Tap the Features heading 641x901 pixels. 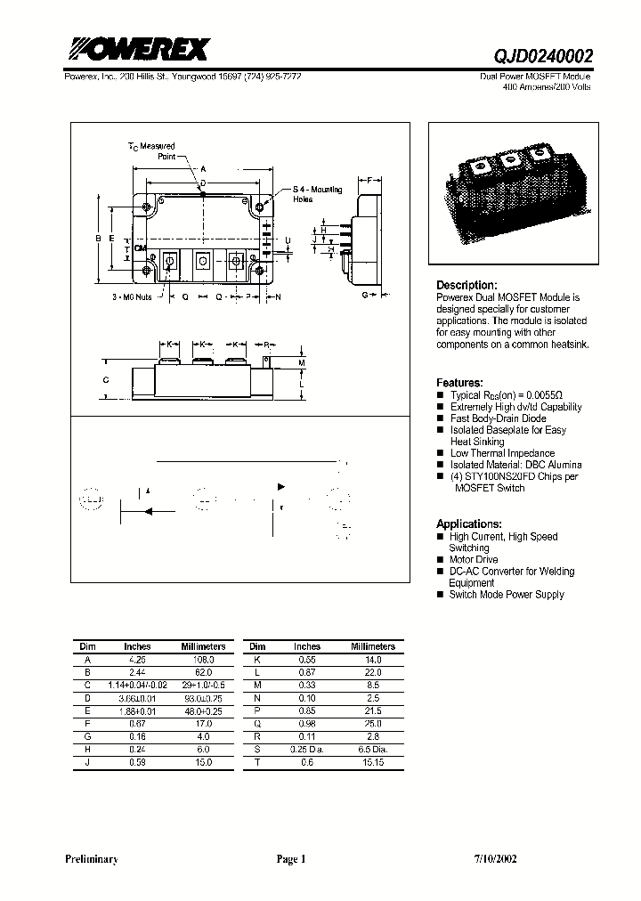(x=459, y=382)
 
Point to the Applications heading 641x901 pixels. (x=468, y=524)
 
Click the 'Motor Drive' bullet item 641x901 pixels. (x=474, y=560)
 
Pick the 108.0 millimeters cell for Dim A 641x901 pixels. (x=203, y=660)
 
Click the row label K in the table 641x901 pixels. (x=256, y=660)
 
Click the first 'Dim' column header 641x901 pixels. (x=87, y=646)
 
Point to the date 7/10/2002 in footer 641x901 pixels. (x=493, y=860)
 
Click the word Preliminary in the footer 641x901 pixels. (x=92, y=860)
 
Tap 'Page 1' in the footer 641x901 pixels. (x=290, y=860)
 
